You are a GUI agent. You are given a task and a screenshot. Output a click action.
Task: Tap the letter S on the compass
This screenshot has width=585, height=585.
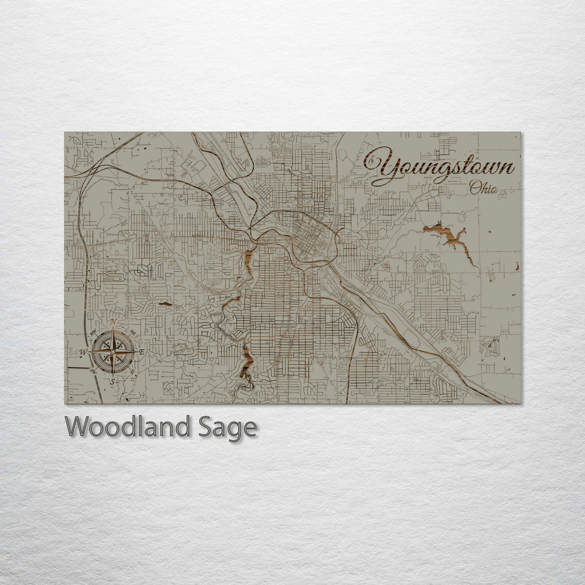(x=113, y=382)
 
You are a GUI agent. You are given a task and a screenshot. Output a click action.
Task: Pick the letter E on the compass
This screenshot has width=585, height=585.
(x=142, y=352)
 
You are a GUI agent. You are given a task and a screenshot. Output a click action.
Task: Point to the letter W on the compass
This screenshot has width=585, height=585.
(x=83, y=352)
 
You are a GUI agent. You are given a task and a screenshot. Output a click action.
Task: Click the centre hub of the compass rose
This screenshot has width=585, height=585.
(x=113, y=352)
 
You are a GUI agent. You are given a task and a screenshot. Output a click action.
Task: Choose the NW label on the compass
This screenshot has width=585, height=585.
(x=93, y=332)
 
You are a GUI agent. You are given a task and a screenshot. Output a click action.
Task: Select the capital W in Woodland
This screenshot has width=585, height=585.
(x=77, y=427)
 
